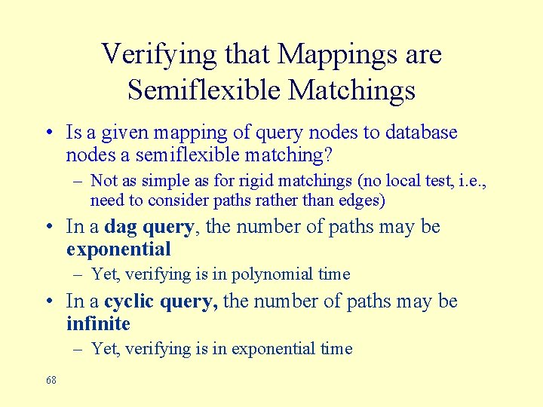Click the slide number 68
[51, 381]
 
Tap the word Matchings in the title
[351, 90]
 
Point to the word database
[422, 133]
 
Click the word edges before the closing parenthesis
[364, 200]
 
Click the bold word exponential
[118, 249]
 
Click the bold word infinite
[98, 324]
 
